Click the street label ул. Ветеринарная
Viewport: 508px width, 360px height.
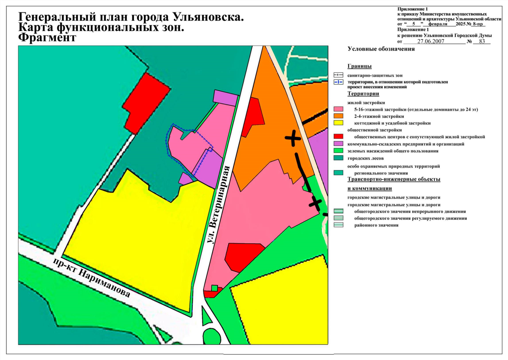pos(218,205)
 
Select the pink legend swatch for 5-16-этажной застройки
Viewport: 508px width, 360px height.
pos(338,109)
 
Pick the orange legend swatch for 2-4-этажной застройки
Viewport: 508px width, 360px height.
pos(338,116)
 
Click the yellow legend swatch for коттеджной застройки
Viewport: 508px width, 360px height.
pos(338,123)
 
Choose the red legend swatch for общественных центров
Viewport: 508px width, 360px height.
pos(338,137)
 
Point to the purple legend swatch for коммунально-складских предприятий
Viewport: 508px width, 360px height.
pos(338,144)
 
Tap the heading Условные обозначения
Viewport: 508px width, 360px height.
pos(381,49)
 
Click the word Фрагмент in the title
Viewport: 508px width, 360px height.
pos(47,38)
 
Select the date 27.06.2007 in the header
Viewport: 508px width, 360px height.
pos(431,41)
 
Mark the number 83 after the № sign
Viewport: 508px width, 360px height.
pos(482,41)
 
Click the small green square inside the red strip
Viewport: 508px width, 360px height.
pos(214,288)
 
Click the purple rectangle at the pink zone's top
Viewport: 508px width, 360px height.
pos(226,97)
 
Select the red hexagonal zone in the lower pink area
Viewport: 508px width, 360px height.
pos(242,256)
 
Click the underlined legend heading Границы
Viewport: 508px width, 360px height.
pos(359,66)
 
